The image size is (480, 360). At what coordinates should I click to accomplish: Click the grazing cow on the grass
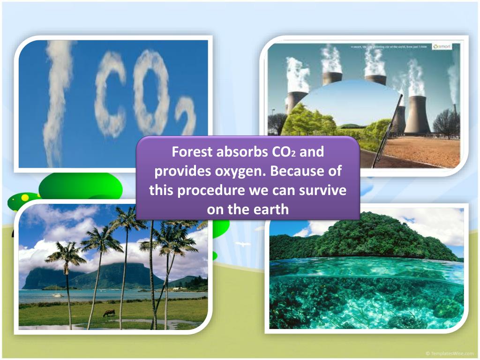109,313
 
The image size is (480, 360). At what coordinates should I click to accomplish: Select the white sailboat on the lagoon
57,294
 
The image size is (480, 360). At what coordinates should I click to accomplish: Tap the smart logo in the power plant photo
442,47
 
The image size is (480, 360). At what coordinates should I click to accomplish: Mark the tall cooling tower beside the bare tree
417,115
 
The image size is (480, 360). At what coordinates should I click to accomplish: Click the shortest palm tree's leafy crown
66,255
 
